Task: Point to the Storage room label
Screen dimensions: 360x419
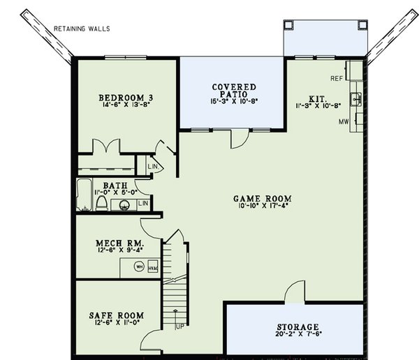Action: [297, 327]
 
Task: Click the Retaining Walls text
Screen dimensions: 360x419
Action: [87, 29]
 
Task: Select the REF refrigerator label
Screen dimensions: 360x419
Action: [336, 78]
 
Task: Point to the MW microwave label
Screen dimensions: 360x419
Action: [344, 121]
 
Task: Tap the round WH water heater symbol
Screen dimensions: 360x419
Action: [139, 267]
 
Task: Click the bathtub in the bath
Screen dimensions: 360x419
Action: [84, 196]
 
